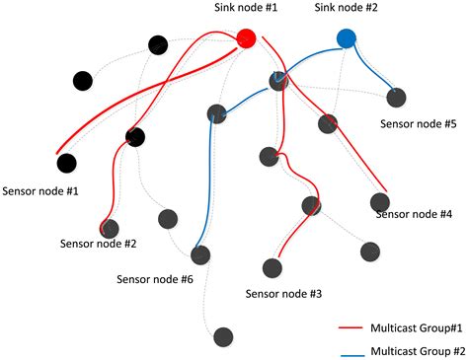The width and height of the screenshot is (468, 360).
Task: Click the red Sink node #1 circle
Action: click(x=246, y=38)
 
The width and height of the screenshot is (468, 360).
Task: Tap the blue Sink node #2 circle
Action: click(x=346, y=38)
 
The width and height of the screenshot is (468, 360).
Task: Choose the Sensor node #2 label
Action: click(x=98, y=243)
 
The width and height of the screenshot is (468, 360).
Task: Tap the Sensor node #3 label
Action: click(x=282, y=293)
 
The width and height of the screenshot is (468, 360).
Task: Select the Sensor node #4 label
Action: click(x=415, y=213)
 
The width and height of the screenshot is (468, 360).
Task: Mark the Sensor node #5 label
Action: click(x=419, y=124)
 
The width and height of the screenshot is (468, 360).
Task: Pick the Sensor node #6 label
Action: click(x=154, y=278)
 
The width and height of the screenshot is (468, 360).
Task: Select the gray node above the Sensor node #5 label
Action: click(x=396, y=98)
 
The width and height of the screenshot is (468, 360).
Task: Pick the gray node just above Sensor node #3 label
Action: click(x=271, y=267)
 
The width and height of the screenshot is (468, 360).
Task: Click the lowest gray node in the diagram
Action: click(x=223, y=337)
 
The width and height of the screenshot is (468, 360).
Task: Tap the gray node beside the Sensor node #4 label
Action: click(x=380, y=202)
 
